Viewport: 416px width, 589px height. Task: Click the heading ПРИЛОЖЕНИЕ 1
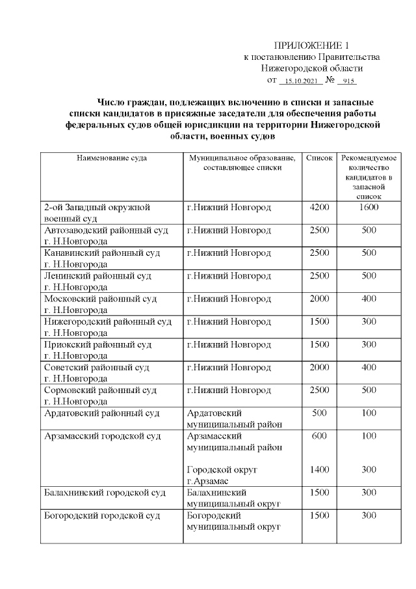(x=311, y=46)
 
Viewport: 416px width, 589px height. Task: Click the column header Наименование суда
(x=111, y=158)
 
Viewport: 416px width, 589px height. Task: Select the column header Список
(x=319, y=158)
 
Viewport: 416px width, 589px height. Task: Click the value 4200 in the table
(x=319, y=208)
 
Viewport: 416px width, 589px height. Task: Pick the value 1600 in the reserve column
(x=369, y=208)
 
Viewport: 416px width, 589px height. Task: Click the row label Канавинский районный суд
(x=102, y=258)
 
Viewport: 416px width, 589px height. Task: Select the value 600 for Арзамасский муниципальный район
(x=319, y=435)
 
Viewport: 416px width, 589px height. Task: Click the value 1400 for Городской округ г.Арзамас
(x=319, y=469)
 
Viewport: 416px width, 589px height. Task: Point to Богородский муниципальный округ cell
(x=233, y=521)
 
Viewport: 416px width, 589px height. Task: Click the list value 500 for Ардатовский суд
(x=319, y=413)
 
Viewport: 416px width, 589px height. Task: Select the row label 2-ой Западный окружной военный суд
(x=97, y=213)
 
